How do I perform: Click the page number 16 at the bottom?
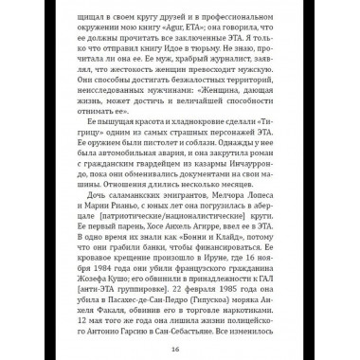179,347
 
